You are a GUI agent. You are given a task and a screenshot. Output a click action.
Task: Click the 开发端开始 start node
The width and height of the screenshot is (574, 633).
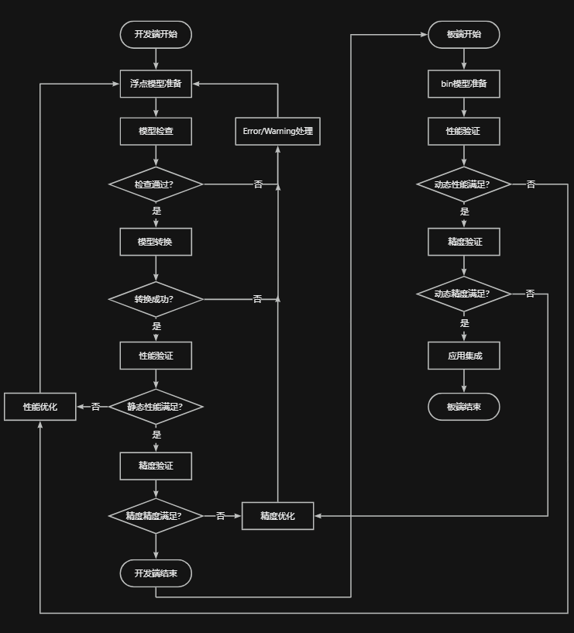tap(156, 34)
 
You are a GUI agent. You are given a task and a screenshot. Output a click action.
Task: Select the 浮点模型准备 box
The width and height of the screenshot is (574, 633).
tap(156, 84)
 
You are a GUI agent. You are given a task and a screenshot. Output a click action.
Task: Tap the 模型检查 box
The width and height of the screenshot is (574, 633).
tap(156, 131)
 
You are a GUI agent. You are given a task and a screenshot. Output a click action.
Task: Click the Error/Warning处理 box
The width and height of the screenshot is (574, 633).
tap(277, 131)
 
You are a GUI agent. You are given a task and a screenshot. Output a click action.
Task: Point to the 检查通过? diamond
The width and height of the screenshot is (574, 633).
tap(156, 184)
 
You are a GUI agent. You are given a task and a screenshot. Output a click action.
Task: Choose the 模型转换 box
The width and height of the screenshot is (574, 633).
tap(156, 242)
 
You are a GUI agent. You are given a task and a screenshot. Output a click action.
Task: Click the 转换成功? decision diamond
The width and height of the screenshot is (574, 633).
tap(156, 299)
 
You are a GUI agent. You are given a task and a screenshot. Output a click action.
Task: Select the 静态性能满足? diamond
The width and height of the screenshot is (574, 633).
tap(156, 406)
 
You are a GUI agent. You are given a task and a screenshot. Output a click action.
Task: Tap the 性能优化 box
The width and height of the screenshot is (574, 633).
tap(40, 406)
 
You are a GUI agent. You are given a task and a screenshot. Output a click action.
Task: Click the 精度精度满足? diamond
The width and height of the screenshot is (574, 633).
tap(156, 515)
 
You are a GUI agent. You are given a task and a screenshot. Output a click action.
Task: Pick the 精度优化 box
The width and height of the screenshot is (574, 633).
tap(277, 516)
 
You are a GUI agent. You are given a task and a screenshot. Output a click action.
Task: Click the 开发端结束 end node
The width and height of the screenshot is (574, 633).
tap(156, 573)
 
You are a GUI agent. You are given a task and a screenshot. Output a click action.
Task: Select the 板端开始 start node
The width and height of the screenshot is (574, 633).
tap(464, 34)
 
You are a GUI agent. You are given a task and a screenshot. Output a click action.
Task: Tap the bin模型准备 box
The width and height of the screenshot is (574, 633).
tap(464, 84)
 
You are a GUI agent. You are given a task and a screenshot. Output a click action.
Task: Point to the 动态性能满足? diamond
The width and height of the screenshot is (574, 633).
tap(464, 184)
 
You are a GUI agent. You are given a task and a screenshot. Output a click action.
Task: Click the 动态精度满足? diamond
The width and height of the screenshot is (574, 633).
tap(464, 294)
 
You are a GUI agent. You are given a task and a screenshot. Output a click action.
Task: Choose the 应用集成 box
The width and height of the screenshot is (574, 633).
tap(464, 356)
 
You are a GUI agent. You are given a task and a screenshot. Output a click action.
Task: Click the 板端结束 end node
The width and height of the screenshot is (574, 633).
tap(464, 407)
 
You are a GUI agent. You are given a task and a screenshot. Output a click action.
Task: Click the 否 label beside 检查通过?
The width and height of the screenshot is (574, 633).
tap(258, 184)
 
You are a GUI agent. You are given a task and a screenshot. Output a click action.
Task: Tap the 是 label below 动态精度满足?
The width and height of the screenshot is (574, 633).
tap(465, 323)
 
